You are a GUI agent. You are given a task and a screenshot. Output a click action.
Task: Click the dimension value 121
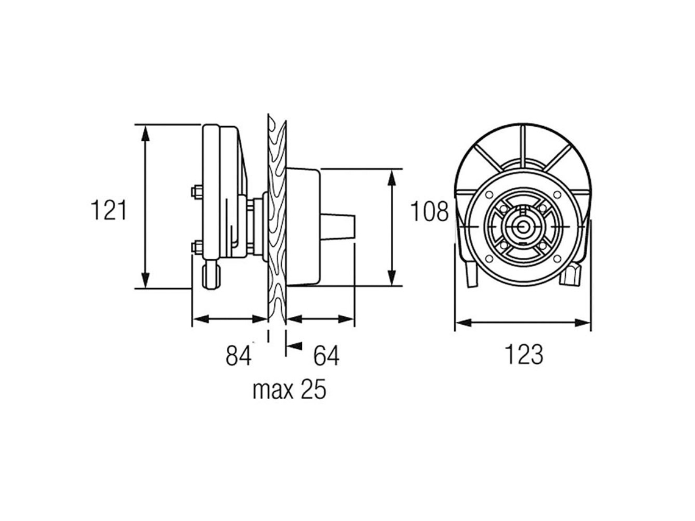click(109, 210)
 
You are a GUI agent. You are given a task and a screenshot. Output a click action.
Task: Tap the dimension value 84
click(238, 355)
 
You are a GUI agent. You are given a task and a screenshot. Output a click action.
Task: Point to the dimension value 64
click(326, 355)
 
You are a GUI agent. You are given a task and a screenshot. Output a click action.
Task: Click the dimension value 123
click(524, 355)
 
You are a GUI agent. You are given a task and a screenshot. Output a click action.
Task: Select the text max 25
click(290, 390)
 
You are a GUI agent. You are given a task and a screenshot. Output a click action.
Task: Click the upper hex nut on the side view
click(196, 192)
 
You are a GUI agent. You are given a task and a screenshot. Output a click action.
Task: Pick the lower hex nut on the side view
click(196, 247)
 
